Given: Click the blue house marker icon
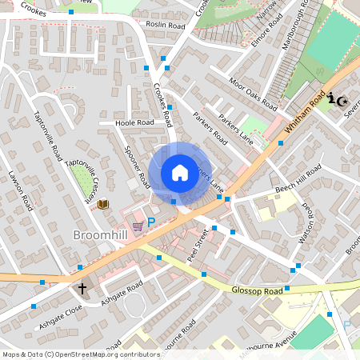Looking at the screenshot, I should point(180,173).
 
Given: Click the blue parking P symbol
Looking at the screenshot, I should point(150,222).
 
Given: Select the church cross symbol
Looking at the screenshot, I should point(82,287).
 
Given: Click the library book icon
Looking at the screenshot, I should point(103,205).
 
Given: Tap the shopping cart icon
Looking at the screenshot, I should point(138,226).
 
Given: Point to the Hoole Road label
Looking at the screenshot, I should point(134,123).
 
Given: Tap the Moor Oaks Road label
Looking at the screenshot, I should point(253,94).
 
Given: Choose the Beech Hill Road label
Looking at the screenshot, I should point(298,178).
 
